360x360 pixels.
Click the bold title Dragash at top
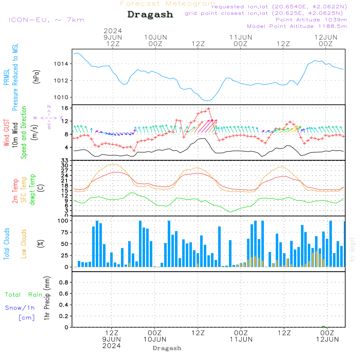click(150, 15)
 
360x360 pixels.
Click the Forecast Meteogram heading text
click(168, 4)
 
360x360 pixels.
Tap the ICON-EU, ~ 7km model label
click(46, 20)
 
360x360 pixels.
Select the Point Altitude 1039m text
click(311, 20)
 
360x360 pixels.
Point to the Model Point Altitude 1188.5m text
click(297, 26)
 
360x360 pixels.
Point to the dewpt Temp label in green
click(33, 190)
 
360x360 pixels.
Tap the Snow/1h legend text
click(20, 308)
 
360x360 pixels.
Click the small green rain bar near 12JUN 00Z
click(323, 326)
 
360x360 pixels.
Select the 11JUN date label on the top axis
click(240, 37)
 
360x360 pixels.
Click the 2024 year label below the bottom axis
click(112, 346)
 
